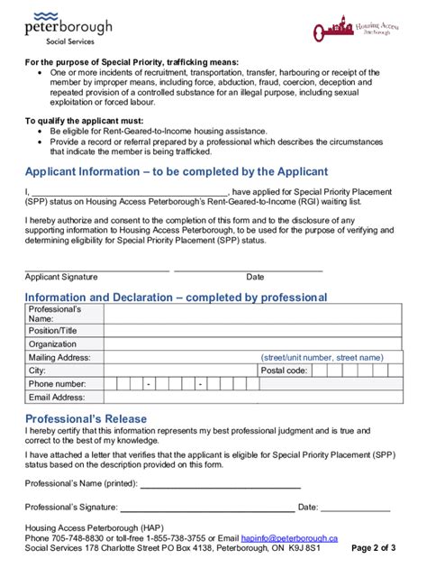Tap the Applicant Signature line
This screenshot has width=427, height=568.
pos(96,269)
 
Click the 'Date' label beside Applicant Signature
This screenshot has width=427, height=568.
pos(255,277)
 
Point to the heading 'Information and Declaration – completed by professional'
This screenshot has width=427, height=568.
pos(176,298)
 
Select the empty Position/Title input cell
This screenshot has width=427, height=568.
pos(252,331)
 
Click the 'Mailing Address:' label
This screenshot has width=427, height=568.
pos(59,357)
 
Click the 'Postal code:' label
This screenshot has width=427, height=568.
pos(284,371)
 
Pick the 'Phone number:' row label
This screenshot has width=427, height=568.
pos(58,384)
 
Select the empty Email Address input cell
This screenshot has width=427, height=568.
pos(252,397)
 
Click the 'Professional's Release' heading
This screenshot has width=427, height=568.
pos(86,419)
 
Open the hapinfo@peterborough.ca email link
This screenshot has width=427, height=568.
pos(289,537)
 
